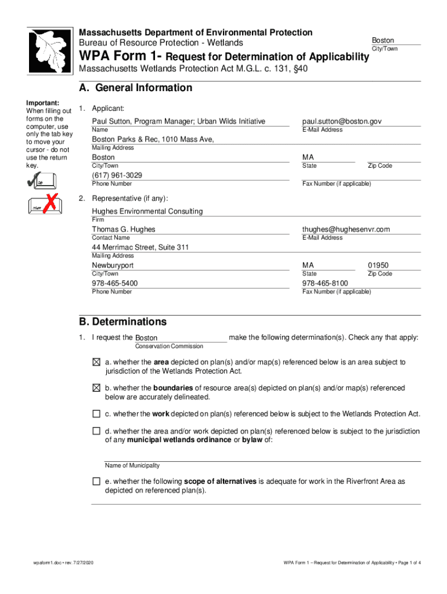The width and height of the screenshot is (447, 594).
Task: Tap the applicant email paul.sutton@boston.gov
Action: [342, 121]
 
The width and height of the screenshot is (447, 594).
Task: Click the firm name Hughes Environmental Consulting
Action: [147, 211]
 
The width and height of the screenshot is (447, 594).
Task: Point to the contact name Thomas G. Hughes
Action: [124, 229]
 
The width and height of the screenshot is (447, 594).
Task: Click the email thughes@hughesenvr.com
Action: [346, 229]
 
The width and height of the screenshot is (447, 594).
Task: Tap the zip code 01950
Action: [378, 265]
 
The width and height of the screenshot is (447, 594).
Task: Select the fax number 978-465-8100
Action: [325, 283]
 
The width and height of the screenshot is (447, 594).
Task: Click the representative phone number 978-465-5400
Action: [115, 283]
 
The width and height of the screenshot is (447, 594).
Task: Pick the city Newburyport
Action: [113, 265]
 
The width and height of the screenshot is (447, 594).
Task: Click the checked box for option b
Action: [96, 388]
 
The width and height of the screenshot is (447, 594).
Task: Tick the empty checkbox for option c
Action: [96, 414]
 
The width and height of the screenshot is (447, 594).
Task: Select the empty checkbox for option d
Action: [96, 432]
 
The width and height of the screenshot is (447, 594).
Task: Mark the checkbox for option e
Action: [96, 482]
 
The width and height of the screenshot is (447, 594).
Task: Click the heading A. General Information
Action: [135, 88]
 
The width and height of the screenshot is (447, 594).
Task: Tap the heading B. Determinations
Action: [122, 322]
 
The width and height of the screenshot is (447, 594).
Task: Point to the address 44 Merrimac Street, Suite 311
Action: [140, 247]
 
